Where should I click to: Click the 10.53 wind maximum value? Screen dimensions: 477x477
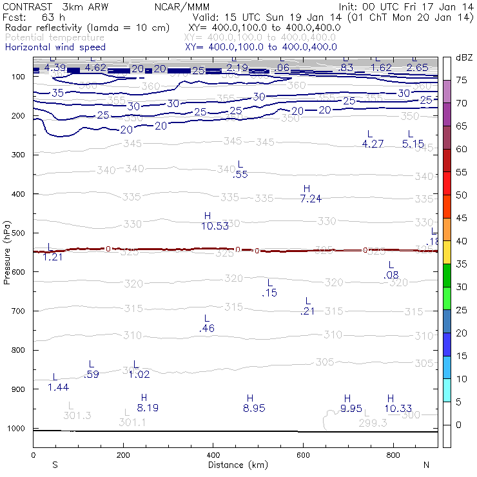215,226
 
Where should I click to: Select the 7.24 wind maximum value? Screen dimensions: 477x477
311,199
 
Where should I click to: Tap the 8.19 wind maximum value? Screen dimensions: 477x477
148,407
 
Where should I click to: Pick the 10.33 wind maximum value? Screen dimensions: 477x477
398,407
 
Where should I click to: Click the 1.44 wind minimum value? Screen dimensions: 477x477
58,387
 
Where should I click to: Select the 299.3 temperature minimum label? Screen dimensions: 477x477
373,423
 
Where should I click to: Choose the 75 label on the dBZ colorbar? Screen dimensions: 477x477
462,81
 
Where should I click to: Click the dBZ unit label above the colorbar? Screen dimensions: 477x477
463,58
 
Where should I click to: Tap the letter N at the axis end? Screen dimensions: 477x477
426,465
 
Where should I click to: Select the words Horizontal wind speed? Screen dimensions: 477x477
55,47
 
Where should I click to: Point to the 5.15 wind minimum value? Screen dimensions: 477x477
413,144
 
